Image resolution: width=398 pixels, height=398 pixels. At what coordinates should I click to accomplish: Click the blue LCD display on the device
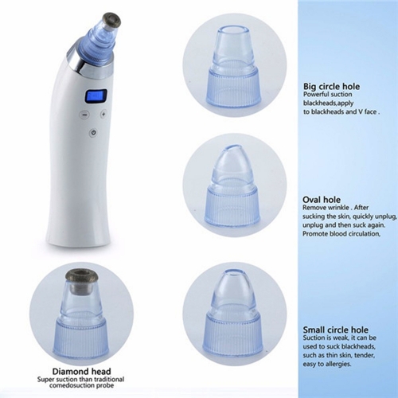tap(96, 96)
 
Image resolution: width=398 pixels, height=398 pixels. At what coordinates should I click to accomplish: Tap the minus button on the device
tap(84, 115)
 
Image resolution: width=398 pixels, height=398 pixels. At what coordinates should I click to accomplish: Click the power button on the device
tap(93, 132)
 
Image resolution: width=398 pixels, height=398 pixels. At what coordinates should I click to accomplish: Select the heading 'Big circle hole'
tap(331, 87)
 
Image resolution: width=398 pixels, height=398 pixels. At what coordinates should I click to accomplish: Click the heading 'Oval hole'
tap(322, 200)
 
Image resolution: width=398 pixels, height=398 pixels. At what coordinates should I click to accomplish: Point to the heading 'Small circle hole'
tap(336, 330)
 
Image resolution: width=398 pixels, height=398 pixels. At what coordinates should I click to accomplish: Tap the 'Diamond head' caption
tap(81, 371)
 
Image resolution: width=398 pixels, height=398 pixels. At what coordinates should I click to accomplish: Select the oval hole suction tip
tap(232, 185)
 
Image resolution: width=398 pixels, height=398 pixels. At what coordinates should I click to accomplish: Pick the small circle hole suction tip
tap(232, 312)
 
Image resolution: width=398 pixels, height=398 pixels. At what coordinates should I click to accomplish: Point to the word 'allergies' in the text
tap(338, 364)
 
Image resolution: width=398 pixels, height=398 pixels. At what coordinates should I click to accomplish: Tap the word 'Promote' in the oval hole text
tap(315, 234)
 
